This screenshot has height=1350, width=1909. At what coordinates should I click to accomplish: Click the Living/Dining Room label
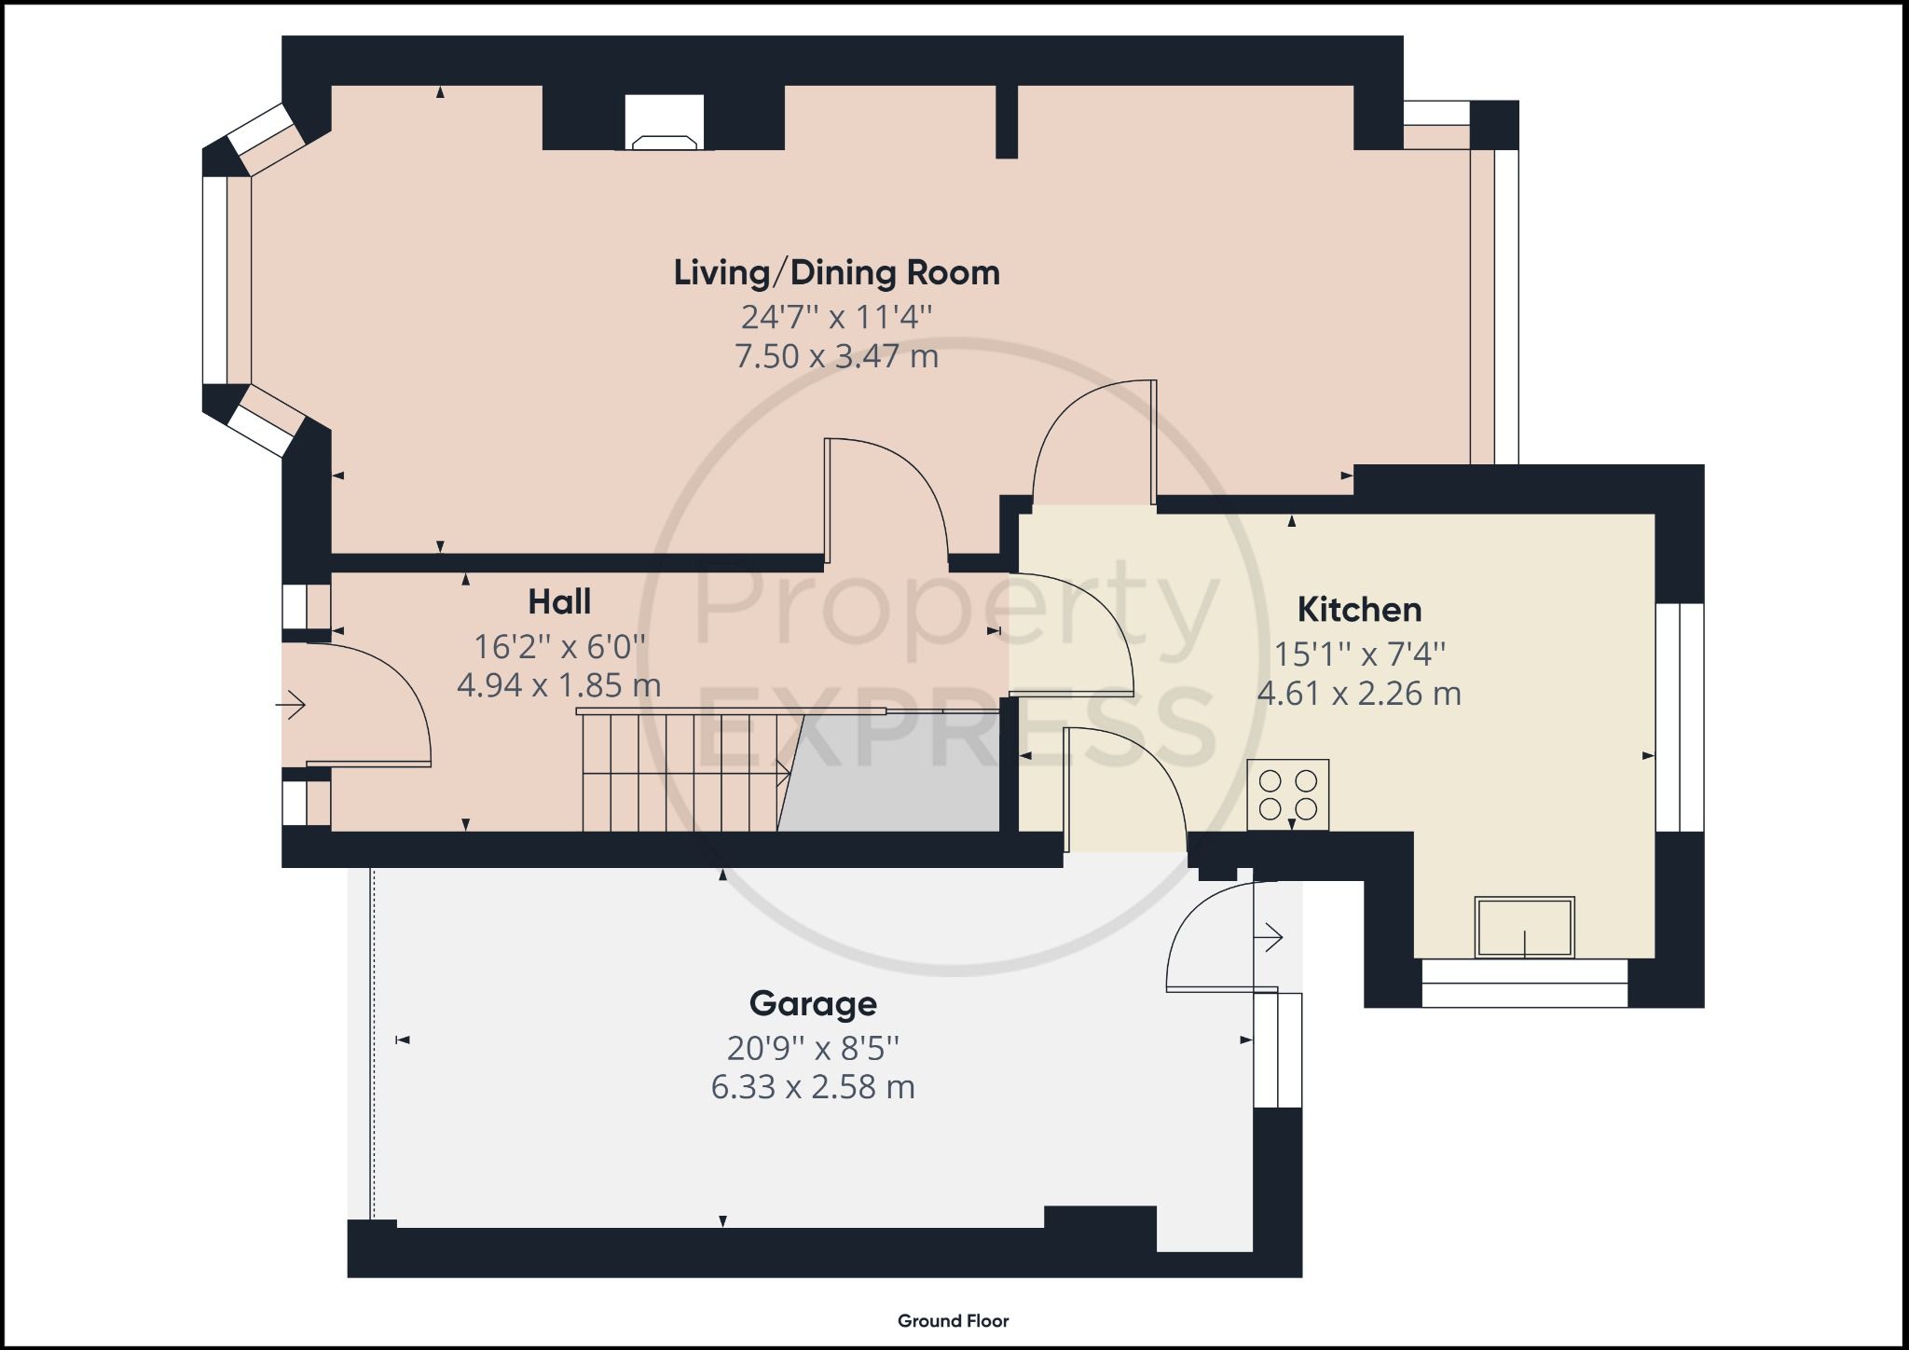point(836,273)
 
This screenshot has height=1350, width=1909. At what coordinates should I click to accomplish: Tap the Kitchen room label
point(1359,610)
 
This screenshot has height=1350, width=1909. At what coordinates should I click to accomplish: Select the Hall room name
point(559,602)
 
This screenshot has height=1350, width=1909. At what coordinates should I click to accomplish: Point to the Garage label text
point(813,1004)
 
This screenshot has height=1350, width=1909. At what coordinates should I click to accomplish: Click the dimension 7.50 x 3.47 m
point(836,356)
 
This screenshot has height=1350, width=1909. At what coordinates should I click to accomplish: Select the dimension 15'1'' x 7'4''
point(1359,654)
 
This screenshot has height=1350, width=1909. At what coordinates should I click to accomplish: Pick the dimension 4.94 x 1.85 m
point(559,686)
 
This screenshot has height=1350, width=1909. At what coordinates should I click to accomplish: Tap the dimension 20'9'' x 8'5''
point(813,1049)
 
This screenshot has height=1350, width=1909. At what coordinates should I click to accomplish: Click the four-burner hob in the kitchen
point(1288,794)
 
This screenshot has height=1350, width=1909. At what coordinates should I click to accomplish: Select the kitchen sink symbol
point(1525,927)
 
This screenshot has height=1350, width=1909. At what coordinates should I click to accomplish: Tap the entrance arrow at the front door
point(291,705)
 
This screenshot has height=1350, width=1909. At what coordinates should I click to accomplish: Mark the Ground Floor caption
point(953,1320)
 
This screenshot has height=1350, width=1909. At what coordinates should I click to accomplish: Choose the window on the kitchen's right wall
point(1680,717)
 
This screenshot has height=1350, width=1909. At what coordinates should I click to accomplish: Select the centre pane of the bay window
point(215,280)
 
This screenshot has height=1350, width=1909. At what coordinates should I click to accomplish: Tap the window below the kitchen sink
point(1524,983)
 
